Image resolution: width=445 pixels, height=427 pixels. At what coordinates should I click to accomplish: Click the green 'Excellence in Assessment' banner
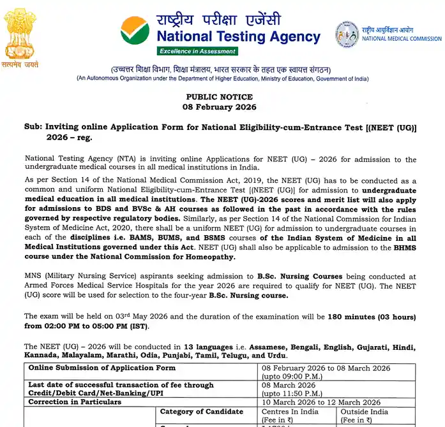click(198, 51)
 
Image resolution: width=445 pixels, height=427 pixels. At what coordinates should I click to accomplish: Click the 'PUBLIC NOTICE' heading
click(219, 97)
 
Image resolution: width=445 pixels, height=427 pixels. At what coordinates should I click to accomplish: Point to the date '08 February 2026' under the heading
click(219, 107)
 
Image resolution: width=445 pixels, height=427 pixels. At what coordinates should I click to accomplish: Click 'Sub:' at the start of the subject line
click(33, 127)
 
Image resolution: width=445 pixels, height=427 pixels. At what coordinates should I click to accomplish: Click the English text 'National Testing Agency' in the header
click(238, 37)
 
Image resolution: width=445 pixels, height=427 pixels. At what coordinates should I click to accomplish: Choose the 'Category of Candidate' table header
click(202, 412)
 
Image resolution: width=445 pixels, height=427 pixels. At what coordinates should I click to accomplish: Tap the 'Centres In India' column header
click(293, 412)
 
